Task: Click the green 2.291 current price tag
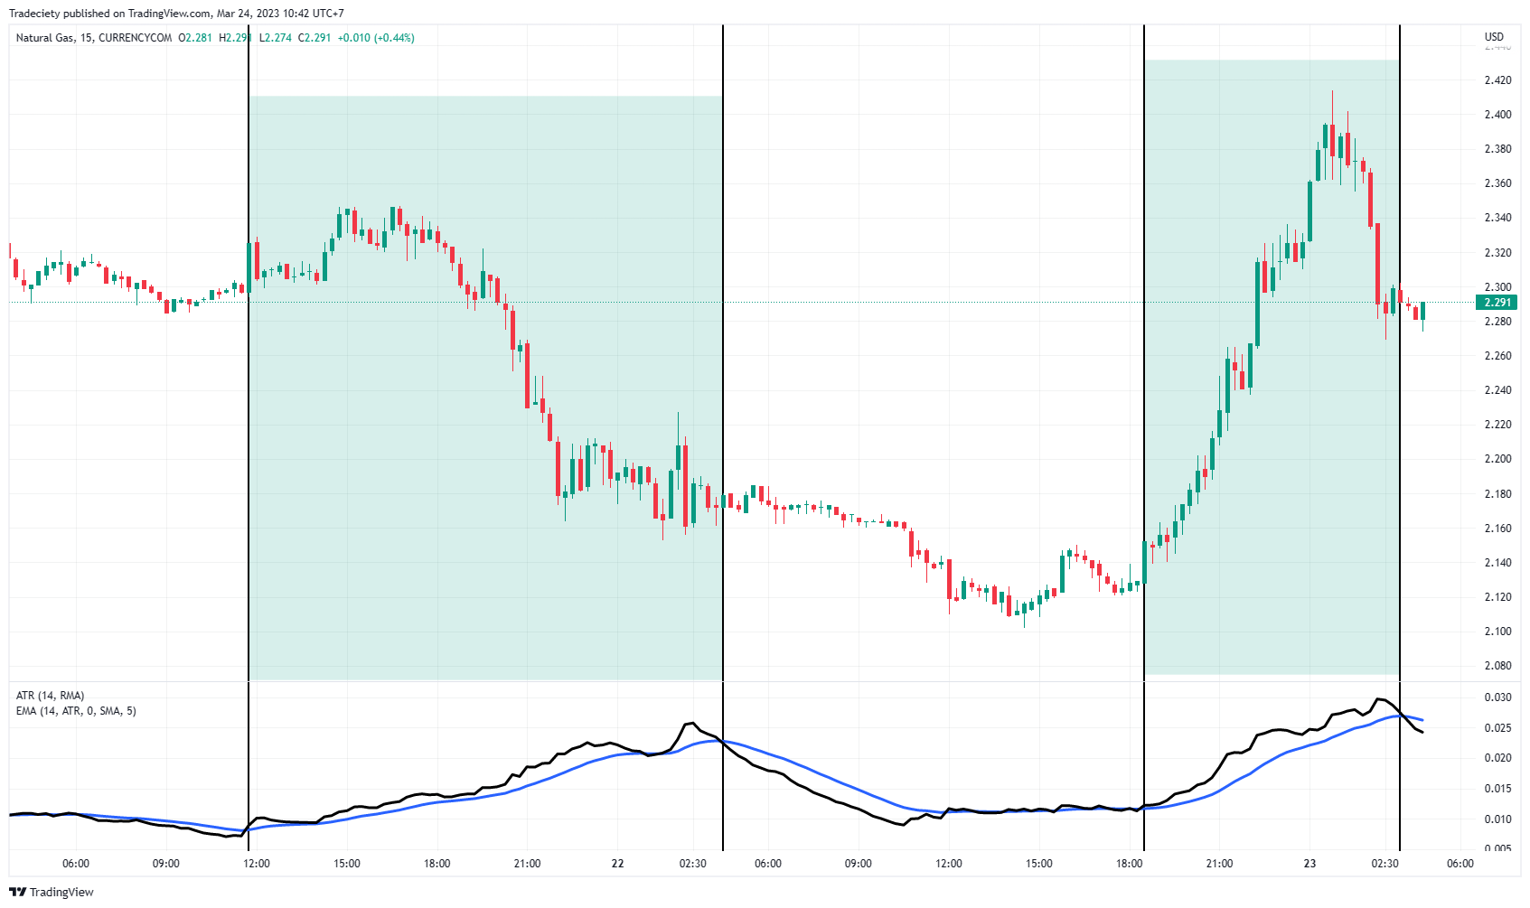point(1497,303)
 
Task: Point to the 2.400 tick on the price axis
point(1497,115)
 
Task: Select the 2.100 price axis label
point(1497,632)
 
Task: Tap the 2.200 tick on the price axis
point(1497,459)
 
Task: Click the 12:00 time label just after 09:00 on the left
point(257,864)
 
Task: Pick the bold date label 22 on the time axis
point(617,864)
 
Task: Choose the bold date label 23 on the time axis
point(1309,864)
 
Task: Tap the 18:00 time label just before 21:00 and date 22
point(436,864)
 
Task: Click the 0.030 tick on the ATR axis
point(1497,697)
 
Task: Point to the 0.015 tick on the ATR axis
point(1497,789)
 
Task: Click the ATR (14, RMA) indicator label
point(50,696)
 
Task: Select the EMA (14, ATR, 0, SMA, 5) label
point(76,711)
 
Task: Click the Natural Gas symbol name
point(45,38)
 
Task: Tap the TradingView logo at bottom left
point(52,892)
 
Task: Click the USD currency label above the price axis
point(1494,37)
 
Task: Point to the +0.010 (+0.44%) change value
point(376,38)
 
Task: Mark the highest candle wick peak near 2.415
point(1332,92)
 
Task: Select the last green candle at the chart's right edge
point(1422,312)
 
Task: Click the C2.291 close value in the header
point(314,38)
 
